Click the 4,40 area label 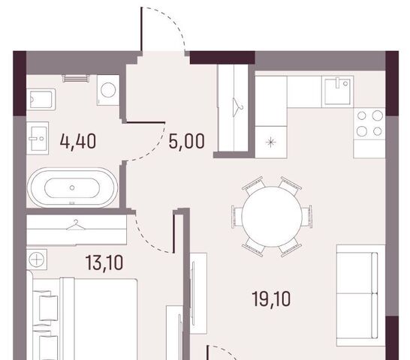click(x=78, y=141)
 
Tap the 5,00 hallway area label click(x=186, y=141)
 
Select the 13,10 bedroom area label click(x=104, y=262)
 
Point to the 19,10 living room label click(x=271, y=298)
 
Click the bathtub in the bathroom click(x=72, y=187)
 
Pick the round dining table click(x=272, y=217)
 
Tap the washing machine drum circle click(x=108, y=90)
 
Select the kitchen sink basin click(x=337, y=91)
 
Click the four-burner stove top click(x=369, y=123)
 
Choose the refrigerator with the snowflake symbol click(x=271, y=142)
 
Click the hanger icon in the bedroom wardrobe click(x=76, y=225)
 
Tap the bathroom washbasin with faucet click(x=38, y=138)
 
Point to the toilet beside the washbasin click(x=41, y=99)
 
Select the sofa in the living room click(x=361, y=295)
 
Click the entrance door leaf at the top click(x=141, y=29)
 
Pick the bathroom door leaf click(x=146, y=122)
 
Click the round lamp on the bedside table click(x=37, y=259)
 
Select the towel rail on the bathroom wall click(x=76, y=78)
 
